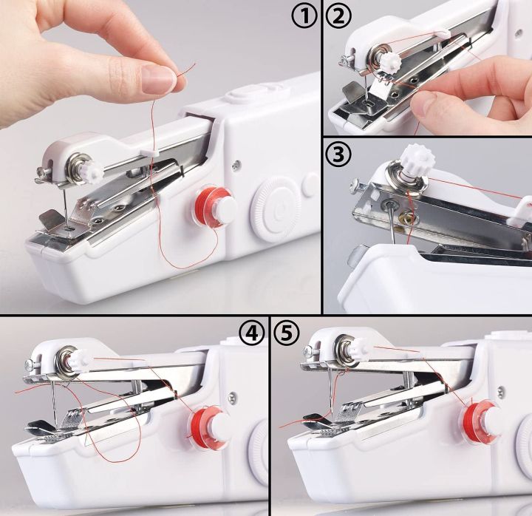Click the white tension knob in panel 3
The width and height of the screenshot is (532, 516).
tap(412, 160)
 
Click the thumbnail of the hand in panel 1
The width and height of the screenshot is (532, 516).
tap(158, 79)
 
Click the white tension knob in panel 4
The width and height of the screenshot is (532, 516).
tap(79, 359)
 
